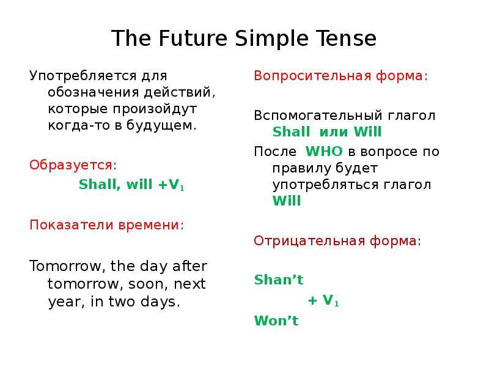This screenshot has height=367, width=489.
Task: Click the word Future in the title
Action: coord(193,39)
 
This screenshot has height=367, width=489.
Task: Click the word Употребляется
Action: coord(83,76)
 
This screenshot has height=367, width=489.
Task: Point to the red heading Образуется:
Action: coord(73,165)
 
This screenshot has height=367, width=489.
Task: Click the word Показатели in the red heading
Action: coord(72,224)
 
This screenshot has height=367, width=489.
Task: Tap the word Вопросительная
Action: coord(312,76)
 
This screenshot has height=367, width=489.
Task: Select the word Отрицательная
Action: coord(309,241)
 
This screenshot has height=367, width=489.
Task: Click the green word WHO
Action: coord(324,151)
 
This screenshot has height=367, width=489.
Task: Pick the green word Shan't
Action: coord(279,280)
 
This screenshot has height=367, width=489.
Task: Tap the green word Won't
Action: coord(276,321)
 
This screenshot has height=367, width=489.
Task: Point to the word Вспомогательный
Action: coord(318,116)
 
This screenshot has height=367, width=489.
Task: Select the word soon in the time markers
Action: coord(146,284)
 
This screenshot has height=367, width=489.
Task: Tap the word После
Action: coord(275,151)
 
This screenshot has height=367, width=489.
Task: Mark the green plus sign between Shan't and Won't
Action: coord(312,301)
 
